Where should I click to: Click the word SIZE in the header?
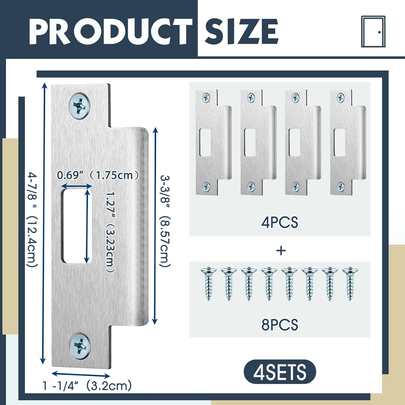tap(241, 32)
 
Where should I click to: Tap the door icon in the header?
tap(373, 32)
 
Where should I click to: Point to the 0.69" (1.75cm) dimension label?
tap(98, 175)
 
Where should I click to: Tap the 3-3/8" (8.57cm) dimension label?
tap(165, 221)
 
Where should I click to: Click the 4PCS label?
tap(279, 223)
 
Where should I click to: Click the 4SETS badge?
tap(280, 372)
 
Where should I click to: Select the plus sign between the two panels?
tap(281, 251)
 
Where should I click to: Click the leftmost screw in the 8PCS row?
tap(208, 283)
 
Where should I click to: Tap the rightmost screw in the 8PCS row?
tap(350, 283)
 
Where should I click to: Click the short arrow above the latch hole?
tap(76, 186)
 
